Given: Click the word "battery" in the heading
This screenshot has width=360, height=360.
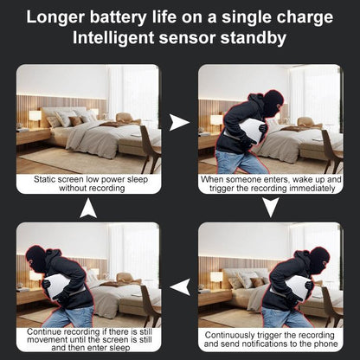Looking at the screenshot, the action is tap(118, 17).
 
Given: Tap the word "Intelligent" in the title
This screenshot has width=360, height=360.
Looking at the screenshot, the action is tap(113, 38).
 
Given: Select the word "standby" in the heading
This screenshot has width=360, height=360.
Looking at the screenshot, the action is tap(254, 38).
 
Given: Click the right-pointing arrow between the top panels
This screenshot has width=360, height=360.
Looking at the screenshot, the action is tap(179, 122).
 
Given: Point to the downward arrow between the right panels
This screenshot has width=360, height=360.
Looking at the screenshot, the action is tap(271, 207).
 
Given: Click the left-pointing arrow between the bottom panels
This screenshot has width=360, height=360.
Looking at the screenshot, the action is tap(180, 287).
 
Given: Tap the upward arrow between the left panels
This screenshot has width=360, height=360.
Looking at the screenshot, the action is tap(88, 208).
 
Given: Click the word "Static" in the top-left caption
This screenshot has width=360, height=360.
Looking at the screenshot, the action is tap(45, 179).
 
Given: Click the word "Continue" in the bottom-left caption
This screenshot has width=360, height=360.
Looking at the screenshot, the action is tap(44, 331).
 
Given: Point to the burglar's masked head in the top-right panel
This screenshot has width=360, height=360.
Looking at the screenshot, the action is tap(273, 104).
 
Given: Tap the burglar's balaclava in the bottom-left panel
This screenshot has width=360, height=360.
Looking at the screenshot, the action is tap(35, 258).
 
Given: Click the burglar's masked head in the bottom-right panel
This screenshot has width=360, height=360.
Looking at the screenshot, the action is tap(318, 260).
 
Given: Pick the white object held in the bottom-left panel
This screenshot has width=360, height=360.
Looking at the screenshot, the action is tap(58, 286).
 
